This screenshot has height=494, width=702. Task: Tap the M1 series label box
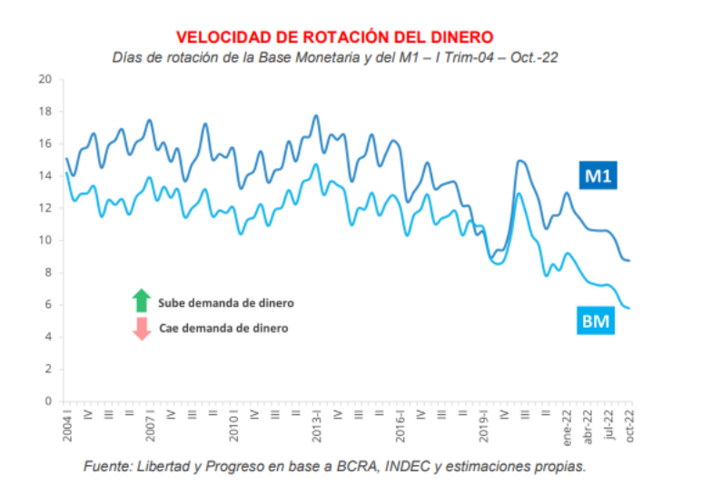[x=596, y=175]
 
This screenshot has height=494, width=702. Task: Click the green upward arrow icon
[x=141, y=301]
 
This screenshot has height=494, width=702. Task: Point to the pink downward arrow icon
[x=141, y=328]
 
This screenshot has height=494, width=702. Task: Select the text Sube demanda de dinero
[x=225, y=302]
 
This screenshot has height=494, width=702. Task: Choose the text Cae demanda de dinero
[x=223, y=328]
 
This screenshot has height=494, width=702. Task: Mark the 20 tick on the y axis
[x=44, y=79]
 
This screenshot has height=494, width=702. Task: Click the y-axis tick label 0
[x=47, y=401]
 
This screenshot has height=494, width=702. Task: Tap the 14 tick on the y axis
[x=44, y=176]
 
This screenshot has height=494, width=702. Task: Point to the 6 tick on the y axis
[x=47, y=305]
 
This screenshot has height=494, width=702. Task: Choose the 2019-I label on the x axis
[x=483, y=426]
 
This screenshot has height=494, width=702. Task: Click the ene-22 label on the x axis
[x=567, y=426]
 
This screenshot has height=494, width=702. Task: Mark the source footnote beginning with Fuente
[x=334, y=466]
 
